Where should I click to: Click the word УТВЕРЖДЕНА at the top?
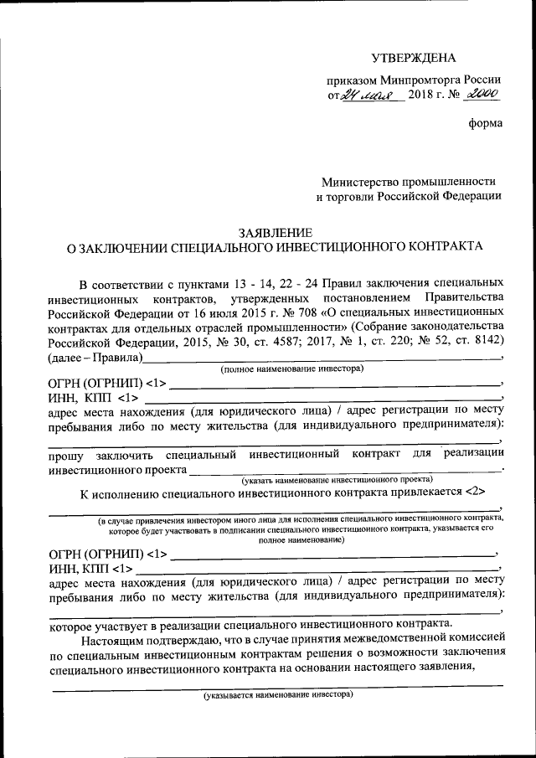click(x=415, y=58)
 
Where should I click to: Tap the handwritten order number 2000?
click(x=483, y=95)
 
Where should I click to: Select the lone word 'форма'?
click(x=486, y=124)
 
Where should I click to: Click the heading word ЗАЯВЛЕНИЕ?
click(x=276, y=232)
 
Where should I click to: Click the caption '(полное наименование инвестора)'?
click(x=291, y=369)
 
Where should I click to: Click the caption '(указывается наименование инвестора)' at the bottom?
click(x=278, y=695)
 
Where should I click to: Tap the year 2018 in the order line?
click(x=420, y=96)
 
